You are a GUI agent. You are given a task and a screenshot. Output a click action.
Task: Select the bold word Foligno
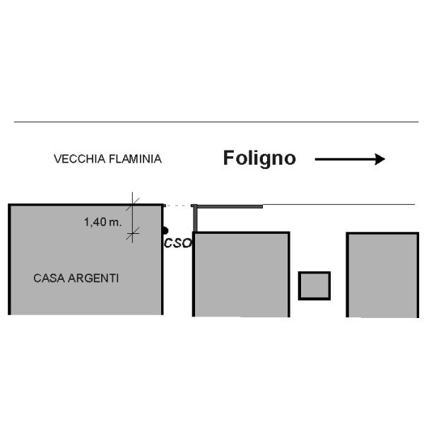[x=259, y=158]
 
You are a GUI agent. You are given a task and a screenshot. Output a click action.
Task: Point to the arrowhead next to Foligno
[x=379, y=159]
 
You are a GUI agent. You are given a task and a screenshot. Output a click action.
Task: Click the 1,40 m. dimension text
[x=102, y=222]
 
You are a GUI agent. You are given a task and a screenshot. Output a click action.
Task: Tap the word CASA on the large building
[x=47, y=278]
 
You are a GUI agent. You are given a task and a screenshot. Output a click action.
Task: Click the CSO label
[x=178, y=243]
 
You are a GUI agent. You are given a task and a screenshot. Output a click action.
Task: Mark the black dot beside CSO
[x=165, y=230]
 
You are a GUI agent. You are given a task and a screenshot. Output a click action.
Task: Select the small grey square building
[x=314, y=285]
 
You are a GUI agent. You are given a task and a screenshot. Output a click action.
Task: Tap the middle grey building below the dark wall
[x=241, y=274]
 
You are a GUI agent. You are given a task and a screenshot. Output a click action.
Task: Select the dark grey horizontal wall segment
[x=228, y=206]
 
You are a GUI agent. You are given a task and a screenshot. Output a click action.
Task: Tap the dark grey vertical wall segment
[x=196, y=219]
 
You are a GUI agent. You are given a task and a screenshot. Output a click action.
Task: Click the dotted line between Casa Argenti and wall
[x=178, y=206]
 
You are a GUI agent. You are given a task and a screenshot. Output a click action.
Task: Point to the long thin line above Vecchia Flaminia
[x=212, y=122]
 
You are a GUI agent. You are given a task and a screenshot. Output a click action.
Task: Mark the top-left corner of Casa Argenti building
[x=9, y=205]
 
